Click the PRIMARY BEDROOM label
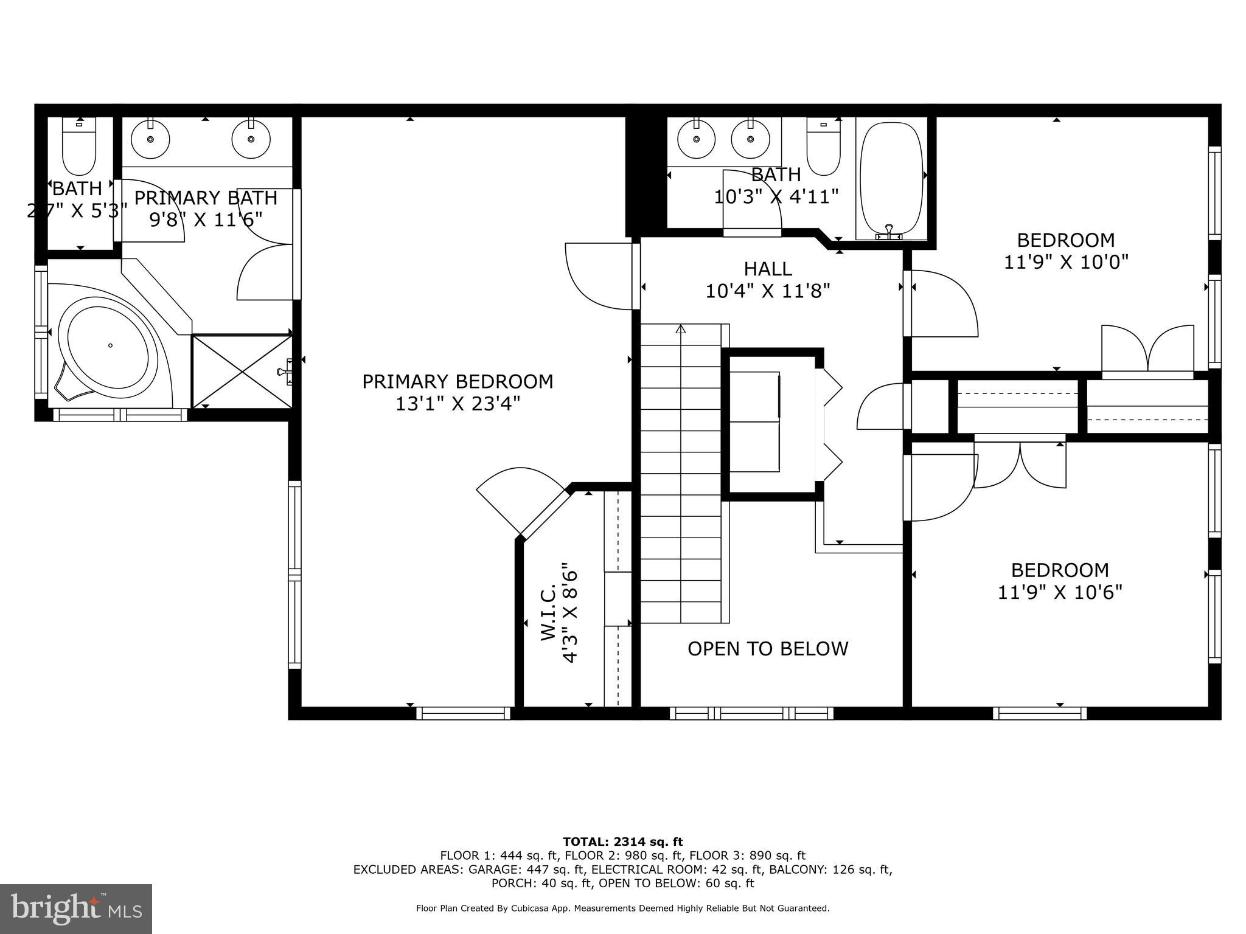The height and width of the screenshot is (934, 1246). (x=458, y=382)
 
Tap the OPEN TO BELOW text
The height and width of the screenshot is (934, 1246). (x=767, y=649)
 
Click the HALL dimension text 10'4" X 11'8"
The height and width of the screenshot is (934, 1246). (x=767, y=291)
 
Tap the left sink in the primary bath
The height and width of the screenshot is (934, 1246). (x=150, y=139)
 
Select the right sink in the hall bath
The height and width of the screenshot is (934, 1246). (x=750, y=139)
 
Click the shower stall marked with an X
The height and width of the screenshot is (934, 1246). (x=242, y=371)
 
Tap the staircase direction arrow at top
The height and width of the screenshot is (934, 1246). (x=680, y=330)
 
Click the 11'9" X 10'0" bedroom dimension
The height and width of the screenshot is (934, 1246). (x=1066, y=262)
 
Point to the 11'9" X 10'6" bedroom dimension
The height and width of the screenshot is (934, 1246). (x=1059, y=592)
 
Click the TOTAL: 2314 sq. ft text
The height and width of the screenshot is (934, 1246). (x=622, y=842)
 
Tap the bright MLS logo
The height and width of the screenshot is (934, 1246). (x=75, y=908)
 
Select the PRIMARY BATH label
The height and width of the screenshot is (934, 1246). (x=206, y=198)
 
